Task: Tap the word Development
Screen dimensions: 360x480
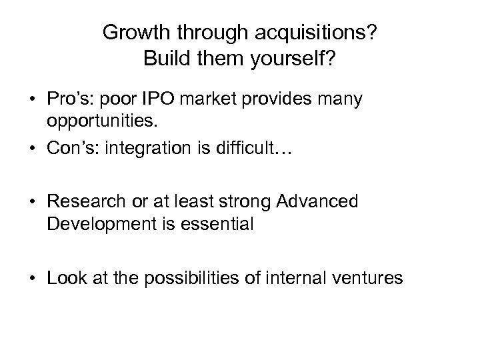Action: (x=95, y=224)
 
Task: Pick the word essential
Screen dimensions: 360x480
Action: (x=221, y=224)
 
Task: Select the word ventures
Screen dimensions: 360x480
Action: (x=367, y=276)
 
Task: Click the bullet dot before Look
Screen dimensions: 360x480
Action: (x=32, y=277)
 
